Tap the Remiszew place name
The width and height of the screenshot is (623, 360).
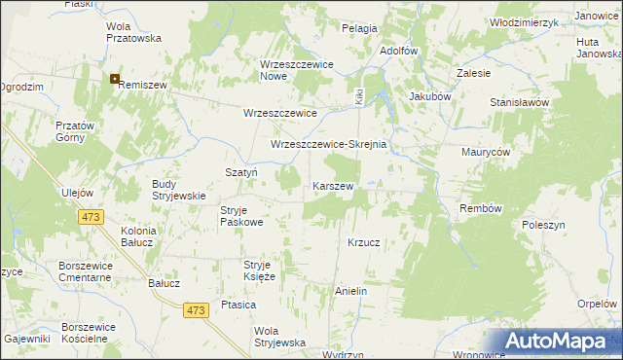(x=144, y=86)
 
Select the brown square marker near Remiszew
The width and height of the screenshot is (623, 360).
(x=115, y=79)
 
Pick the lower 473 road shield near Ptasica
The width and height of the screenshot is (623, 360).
(x=196, y=309)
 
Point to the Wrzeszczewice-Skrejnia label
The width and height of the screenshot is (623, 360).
(x=329, y=145)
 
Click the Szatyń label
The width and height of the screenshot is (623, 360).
(x=240, y=170)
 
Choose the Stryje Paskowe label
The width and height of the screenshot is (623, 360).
(x=241, y=216)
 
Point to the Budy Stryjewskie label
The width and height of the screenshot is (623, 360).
(x=179, y=189)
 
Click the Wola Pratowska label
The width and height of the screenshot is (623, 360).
(x=133, y=32)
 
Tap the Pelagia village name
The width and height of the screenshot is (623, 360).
(x=359, y=29)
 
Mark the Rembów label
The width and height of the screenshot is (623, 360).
(x=480, y=208)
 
